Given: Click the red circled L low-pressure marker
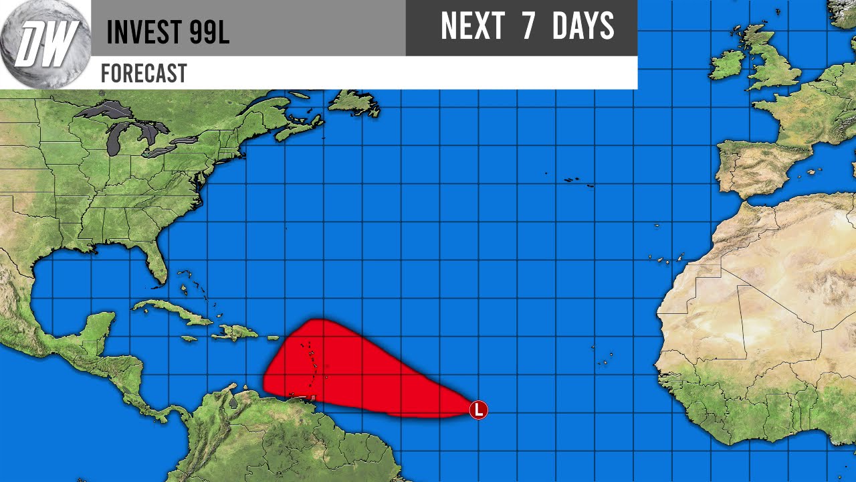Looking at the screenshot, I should point(478,410).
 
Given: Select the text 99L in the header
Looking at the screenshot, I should point(209,32).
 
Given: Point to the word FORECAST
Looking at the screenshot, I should point(143,73).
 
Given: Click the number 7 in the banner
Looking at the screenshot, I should point(528,27).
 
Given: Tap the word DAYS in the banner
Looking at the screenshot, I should point(583,27).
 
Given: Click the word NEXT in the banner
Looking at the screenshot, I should point(472,27).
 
